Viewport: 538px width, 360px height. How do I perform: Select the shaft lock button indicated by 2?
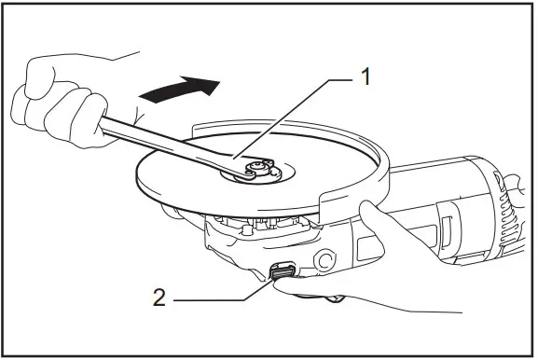pyautogui.click(x=283, y=271)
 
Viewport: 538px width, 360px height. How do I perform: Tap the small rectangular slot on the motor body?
pyautogui.click(x=448, y=228)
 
